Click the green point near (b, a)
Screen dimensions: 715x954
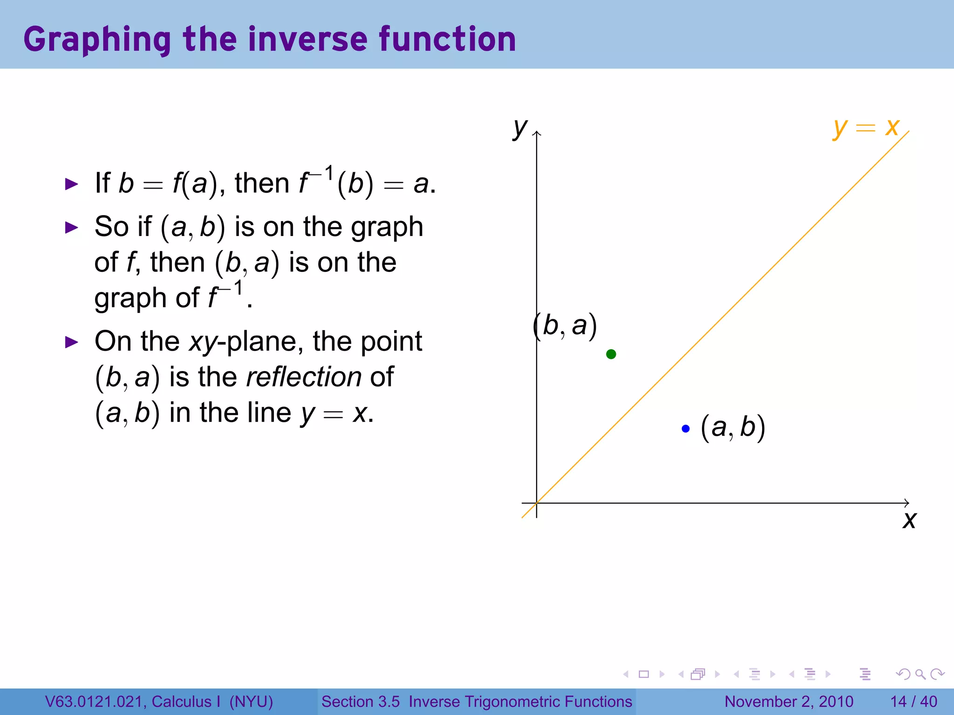tap(611, 354)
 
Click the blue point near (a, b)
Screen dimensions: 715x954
tap(685, 429)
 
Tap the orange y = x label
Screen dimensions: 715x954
tap(866, 127)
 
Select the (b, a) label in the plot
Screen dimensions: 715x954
tap(565, 326)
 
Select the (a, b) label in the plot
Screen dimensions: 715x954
tap(733, 428)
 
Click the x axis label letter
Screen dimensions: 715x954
tap(909, 520)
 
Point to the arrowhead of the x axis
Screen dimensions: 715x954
tap(907, 503)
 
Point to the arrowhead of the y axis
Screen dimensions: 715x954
tap(537, 134)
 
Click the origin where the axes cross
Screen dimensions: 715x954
tap(537, 503)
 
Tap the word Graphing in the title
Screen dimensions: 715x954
tap(97, 40)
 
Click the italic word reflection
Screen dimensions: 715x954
tap(303, 377)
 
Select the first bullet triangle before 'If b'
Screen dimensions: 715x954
tap(71, 184)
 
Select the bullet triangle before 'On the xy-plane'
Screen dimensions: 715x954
tap(71, 343)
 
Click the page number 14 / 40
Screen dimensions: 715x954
tap(913, 702)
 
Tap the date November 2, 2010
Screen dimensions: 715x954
tap(789, 702)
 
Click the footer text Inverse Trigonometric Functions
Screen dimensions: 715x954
tap(520, 702)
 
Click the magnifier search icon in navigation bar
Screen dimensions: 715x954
tap(920, 674)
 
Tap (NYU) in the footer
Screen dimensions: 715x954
tap(251, 702)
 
